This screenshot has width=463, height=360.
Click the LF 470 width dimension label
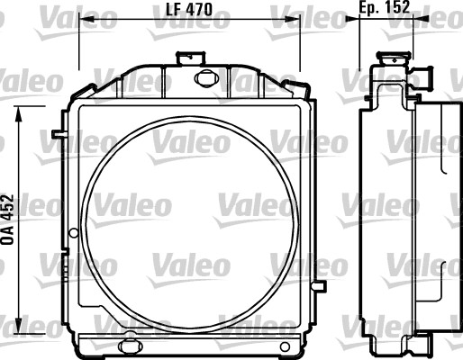pos(188,8)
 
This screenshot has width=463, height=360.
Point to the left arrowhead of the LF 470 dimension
pos(84,17)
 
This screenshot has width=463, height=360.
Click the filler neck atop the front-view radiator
pos(188,57)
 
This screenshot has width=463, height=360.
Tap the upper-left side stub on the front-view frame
pos(58,135)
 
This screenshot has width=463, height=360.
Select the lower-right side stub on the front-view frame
pos(318,284)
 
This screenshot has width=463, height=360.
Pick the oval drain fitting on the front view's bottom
pos(130,345)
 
